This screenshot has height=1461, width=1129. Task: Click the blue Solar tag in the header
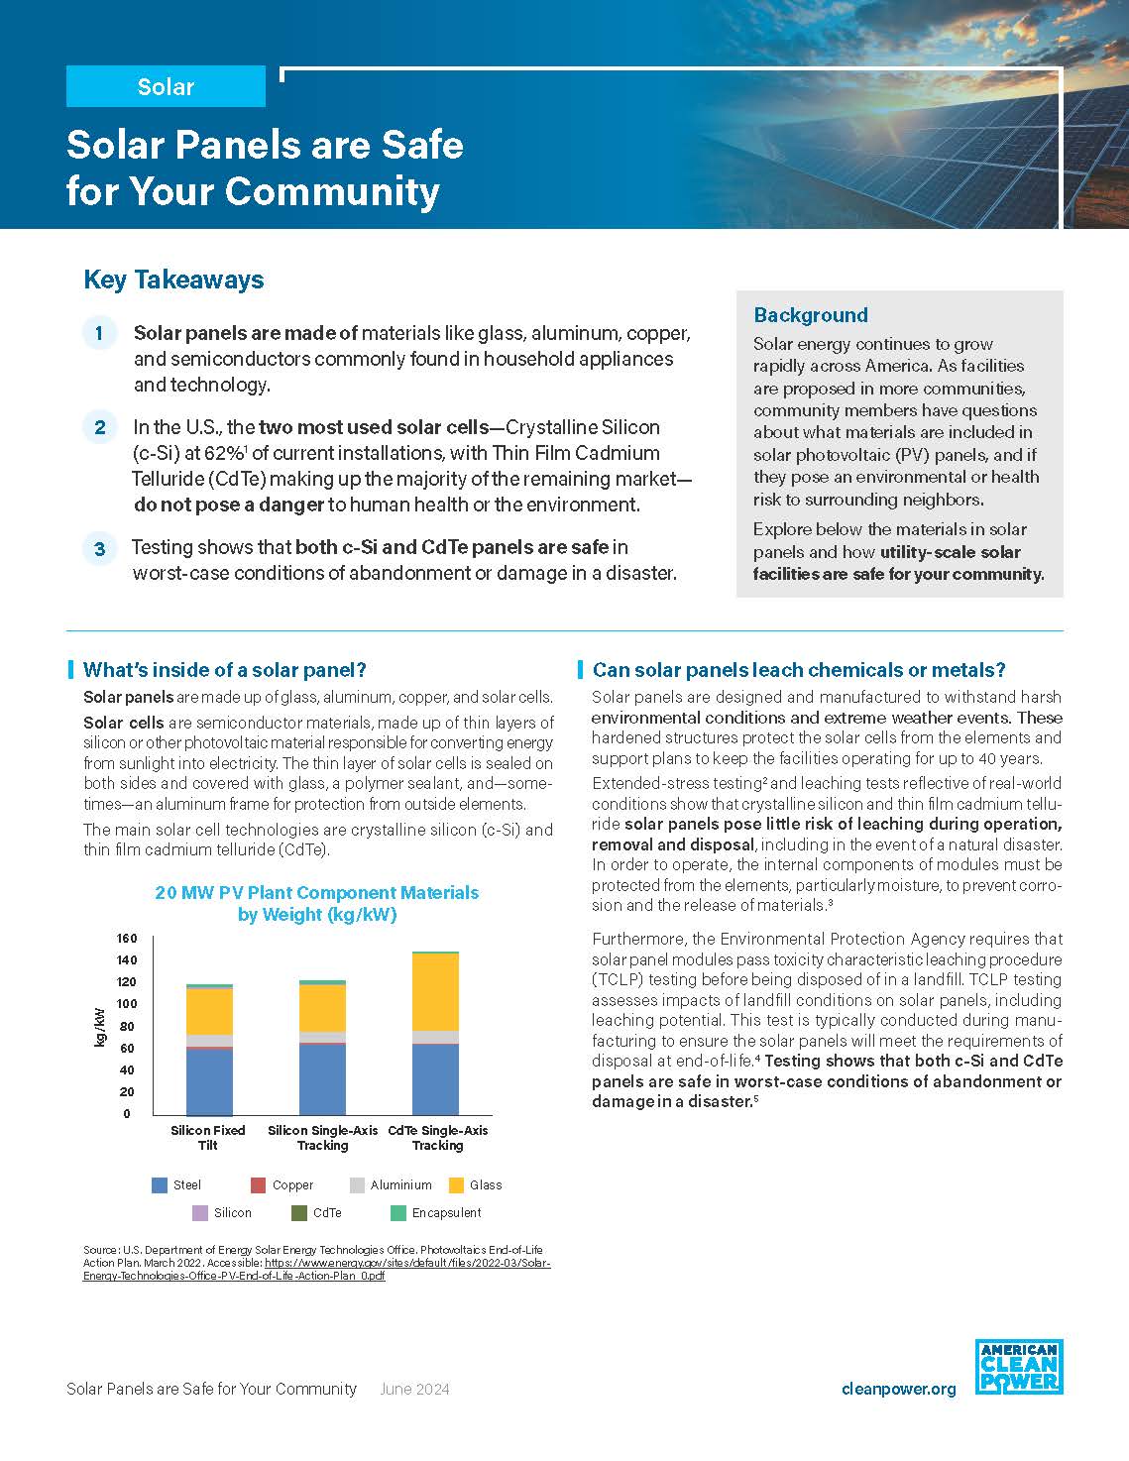tap(166, 87)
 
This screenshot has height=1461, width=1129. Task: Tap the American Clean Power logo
tap(1018, 1367)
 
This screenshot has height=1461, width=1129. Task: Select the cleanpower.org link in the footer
tap(898, 1389)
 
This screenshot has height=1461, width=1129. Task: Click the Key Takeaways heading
tap(173, 280)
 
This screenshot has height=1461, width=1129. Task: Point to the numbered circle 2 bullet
tap(100, 428)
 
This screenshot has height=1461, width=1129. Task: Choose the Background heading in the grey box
tap(810, 315)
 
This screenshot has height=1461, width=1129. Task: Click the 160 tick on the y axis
tap(127, 938)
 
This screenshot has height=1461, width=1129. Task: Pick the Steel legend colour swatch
tap(160, 1184)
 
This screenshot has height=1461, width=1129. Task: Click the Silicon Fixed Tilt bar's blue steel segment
tap(209, 1080)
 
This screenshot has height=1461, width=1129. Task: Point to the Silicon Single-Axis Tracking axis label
tap(323, 1137)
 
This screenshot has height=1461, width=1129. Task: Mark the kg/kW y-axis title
tap(100, 1027)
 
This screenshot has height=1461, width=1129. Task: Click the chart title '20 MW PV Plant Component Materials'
tap(317, 893)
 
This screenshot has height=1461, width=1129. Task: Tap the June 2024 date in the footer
tap(414, 1389)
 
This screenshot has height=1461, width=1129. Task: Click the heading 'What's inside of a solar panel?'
tap(224, 670)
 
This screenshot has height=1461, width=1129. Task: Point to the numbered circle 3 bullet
tap(100, 548)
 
